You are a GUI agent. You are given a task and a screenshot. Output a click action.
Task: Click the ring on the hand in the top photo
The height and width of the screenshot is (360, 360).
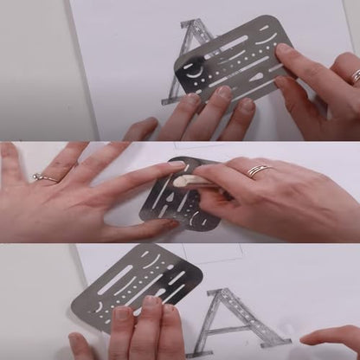pos(357,76)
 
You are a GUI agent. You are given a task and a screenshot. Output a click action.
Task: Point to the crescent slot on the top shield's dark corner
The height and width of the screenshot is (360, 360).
pos(194,74)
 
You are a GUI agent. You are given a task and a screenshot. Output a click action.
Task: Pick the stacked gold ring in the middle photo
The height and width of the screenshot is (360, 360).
pos(259,170)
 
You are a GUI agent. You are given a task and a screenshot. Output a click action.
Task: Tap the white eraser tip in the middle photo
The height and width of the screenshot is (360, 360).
pos(180,182)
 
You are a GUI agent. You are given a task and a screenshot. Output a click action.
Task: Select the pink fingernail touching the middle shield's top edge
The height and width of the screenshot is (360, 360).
pos(177,164)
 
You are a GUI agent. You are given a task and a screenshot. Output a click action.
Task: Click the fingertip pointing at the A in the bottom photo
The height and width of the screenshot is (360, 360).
pos(305,339)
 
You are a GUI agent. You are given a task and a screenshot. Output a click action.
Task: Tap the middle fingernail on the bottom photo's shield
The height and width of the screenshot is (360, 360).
pos(151,301)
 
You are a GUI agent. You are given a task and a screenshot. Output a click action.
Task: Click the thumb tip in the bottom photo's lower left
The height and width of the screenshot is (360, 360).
pos(75,340)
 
